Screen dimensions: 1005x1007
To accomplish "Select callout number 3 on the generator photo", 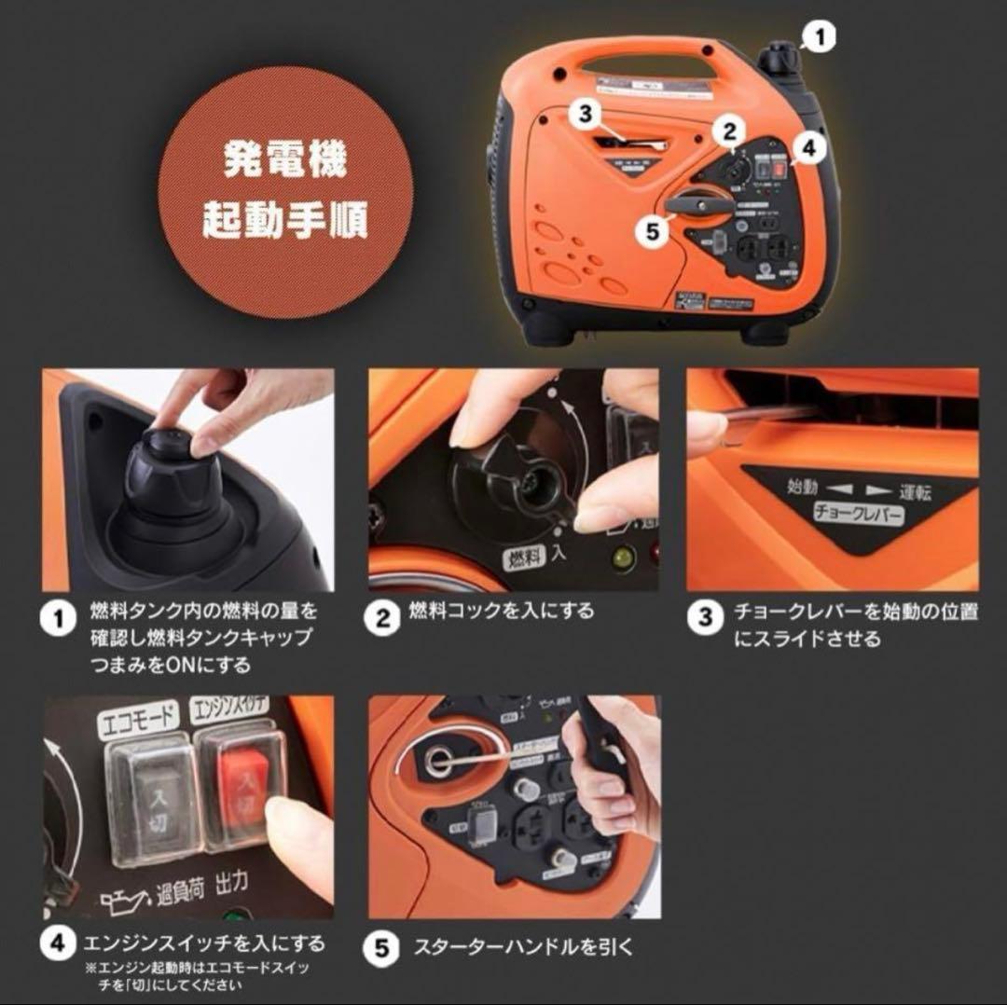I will click(x=585, y=113).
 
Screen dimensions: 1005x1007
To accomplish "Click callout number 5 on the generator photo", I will click(x=653, y=229).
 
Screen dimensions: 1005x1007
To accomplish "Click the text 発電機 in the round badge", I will click(x=284, y=160).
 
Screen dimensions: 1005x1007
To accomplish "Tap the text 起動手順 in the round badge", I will click(x=284, y=221).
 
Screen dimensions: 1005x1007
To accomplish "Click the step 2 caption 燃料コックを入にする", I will click(x=502, y=612).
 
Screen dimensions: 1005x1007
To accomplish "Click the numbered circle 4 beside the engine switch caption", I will click(x=59, y=945).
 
